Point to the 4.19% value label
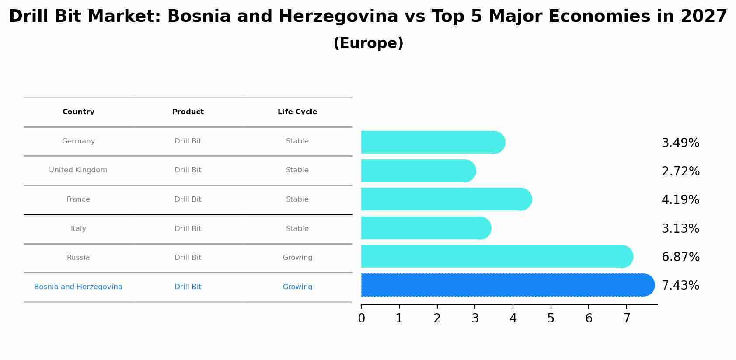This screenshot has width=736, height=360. pos(680,200)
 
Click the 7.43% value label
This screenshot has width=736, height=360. pos(680,286)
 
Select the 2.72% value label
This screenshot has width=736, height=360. pos(680,171)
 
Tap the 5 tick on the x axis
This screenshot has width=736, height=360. pos(551,318)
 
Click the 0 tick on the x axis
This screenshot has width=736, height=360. pos(361,318)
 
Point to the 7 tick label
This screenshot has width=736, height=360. pos(627,318)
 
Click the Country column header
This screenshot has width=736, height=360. pos(78,112)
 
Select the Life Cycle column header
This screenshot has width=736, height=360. pos(297,112)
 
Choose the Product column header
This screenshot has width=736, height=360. pos(188,112)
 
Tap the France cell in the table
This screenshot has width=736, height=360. pos(78,199)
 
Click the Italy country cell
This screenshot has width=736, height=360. pos(78,229)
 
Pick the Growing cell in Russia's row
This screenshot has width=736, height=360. pos(297,258)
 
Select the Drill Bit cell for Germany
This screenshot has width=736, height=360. pos(188,141)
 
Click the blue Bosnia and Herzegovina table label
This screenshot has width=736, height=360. pos(78,287)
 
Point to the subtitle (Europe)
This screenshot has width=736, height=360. pos(368,43)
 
